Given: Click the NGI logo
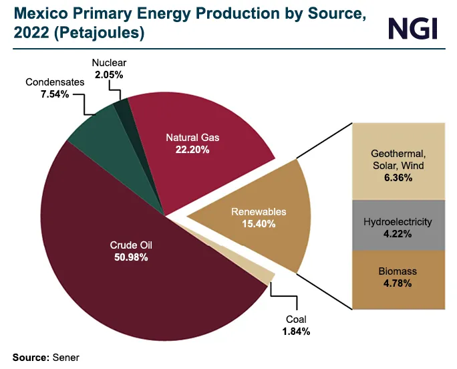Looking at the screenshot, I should [x=412, y=27].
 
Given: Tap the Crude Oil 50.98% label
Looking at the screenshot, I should [x=129, y=251].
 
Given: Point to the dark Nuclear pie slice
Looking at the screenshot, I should [x=122, y=107].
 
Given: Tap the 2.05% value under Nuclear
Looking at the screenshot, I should [x=109, y=76].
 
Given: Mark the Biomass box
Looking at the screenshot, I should [x=398, y=279].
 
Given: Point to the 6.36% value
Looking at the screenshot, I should [x=398, y=178].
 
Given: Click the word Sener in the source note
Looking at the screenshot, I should [x=66, y=358].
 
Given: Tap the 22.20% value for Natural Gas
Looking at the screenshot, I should [x=193, y=150].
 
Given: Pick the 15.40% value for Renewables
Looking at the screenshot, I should [x=259, y=224].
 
